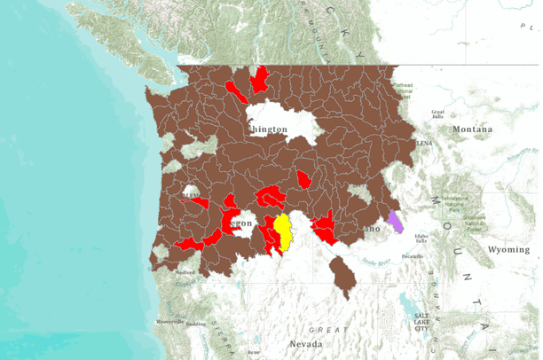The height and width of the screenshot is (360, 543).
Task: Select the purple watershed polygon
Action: point(395,221)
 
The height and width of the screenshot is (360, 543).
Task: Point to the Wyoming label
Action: point(508,250)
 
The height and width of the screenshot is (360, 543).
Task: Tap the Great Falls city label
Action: point(437,114)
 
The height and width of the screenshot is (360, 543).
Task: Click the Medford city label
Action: point(185,272)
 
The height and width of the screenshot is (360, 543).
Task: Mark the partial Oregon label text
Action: point(244,223)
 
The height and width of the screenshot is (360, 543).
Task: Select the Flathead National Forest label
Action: point(403,89)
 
